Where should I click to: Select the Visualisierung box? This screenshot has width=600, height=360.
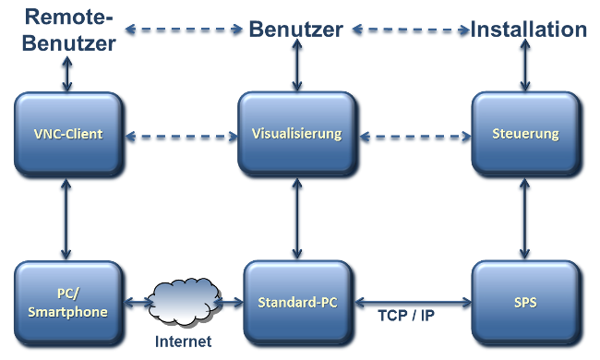[296, 135]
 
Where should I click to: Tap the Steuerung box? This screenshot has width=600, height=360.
[527, 135]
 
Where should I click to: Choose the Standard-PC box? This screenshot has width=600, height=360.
[296, 304]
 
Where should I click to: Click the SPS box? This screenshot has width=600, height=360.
[527, 304]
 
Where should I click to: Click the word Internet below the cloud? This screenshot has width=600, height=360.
[182, 342]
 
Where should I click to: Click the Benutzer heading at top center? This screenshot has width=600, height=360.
[296, 30]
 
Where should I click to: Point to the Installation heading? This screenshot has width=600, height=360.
[528, 30]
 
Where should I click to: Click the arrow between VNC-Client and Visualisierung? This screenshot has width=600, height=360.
[181, 138]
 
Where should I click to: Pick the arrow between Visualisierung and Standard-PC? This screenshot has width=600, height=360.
[296, 220]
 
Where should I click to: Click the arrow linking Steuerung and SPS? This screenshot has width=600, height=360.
[525, 220]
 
